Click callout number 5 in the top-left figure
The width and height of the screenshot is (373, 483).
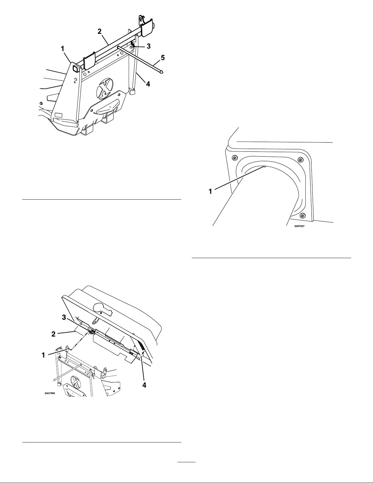click(163, 58)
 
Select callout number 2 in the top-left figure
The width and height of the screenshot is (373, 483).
click(100, 31)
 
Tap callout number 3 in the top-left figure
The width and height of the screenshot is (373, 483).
click(149, 46)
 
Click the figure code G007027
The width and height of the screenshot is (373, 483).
click(300, 226)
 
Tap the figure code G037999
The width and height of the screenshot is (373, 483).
click(50, 393)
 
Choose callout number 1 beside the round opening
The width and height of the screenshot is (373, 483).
click(210, 191)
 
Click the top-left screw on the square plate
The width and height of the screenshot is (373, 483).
click(234, 158)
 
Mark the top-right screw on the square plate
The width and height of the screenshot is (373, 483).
click(300, 160)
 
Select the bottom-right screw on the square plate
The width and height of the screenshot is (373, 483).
click(302, 215)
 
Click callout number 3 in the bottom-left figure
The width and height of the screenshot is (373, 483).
click(64, 318)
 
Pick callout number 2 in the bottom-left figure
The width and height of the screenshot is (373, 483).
click(54, 334)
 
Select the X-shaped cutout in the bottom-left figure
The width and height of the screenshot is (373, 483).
click(76, 382)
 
